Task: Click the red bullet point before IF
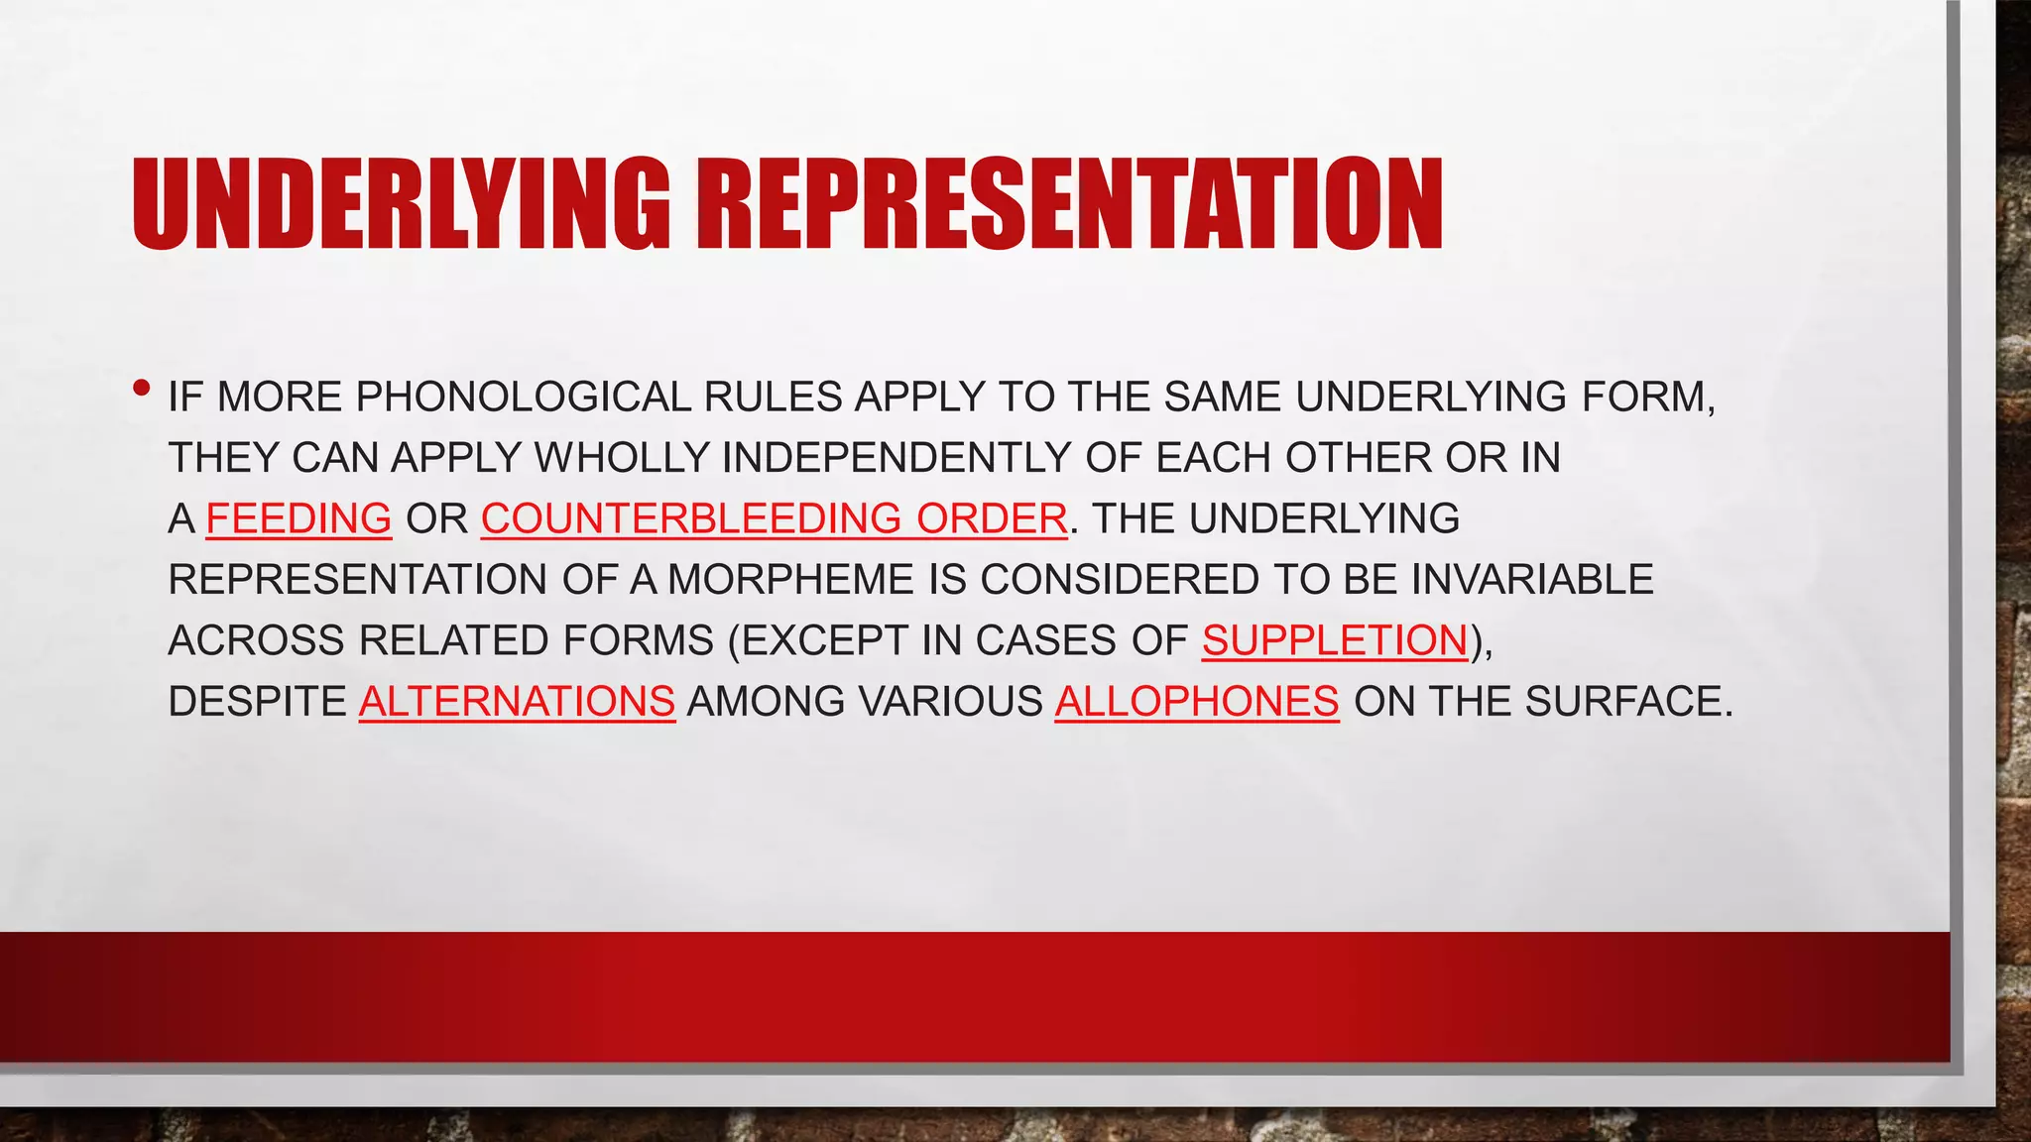coord(142,388)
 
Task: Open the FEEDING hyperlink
coord(299,518)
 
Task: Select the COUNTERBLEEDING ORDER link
coord(774,518)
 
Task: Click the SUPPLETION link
coord(1334,640)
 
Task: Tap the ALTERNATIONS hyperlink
coord(517,702)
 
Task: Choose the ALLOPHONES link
coord(1196,702)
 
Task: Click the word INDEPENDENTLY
coord(896,458)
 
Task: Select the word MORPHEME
coord(789,580)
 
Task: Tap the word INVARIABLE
coord(1532,580)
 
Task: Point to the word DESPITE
coord(257,702)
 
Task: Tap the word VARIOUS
coord(950,702)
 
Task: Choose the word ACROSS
coord(257,640)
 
